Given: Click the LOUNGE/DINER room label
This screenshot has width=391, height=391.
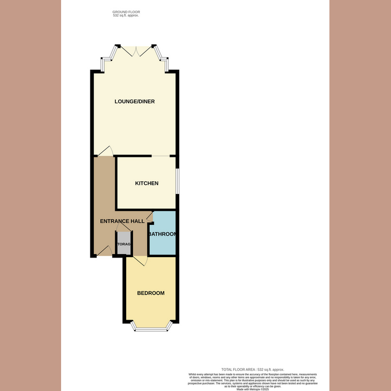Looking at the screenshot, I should point(134,102).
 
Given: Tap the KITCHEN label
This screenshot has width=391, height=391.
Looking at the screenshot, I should point(147,183).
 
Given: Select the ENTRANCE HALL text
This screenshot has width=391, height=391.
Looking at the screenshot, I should point(122,221).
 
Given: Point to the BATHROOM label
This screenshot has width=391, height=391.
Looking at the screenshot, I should point(162,235).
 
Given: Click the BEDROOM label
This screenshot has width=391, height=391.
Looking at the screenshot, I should point(151,293).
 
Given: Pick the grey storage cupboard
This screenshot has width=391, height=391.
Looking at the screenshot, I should point(124,243).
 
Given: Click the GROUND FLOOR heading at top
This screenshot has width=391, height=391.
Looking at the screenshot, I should point(126,11).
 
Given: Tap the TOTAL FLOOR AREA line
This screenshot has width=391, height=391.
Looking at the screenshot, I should point(253,369).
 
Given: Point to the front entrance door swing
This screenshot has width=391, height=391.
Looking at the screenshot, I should point(105,251).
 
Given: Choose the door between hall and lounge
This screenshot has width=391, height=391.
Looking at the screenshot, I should point(106,152).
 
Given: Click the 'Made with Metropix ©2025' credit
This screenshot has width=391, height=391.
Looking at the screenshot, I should point(253,389).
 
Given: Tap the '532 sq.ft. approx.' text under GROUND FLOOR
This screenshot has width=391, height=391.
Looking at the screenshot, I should point(126,16).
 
